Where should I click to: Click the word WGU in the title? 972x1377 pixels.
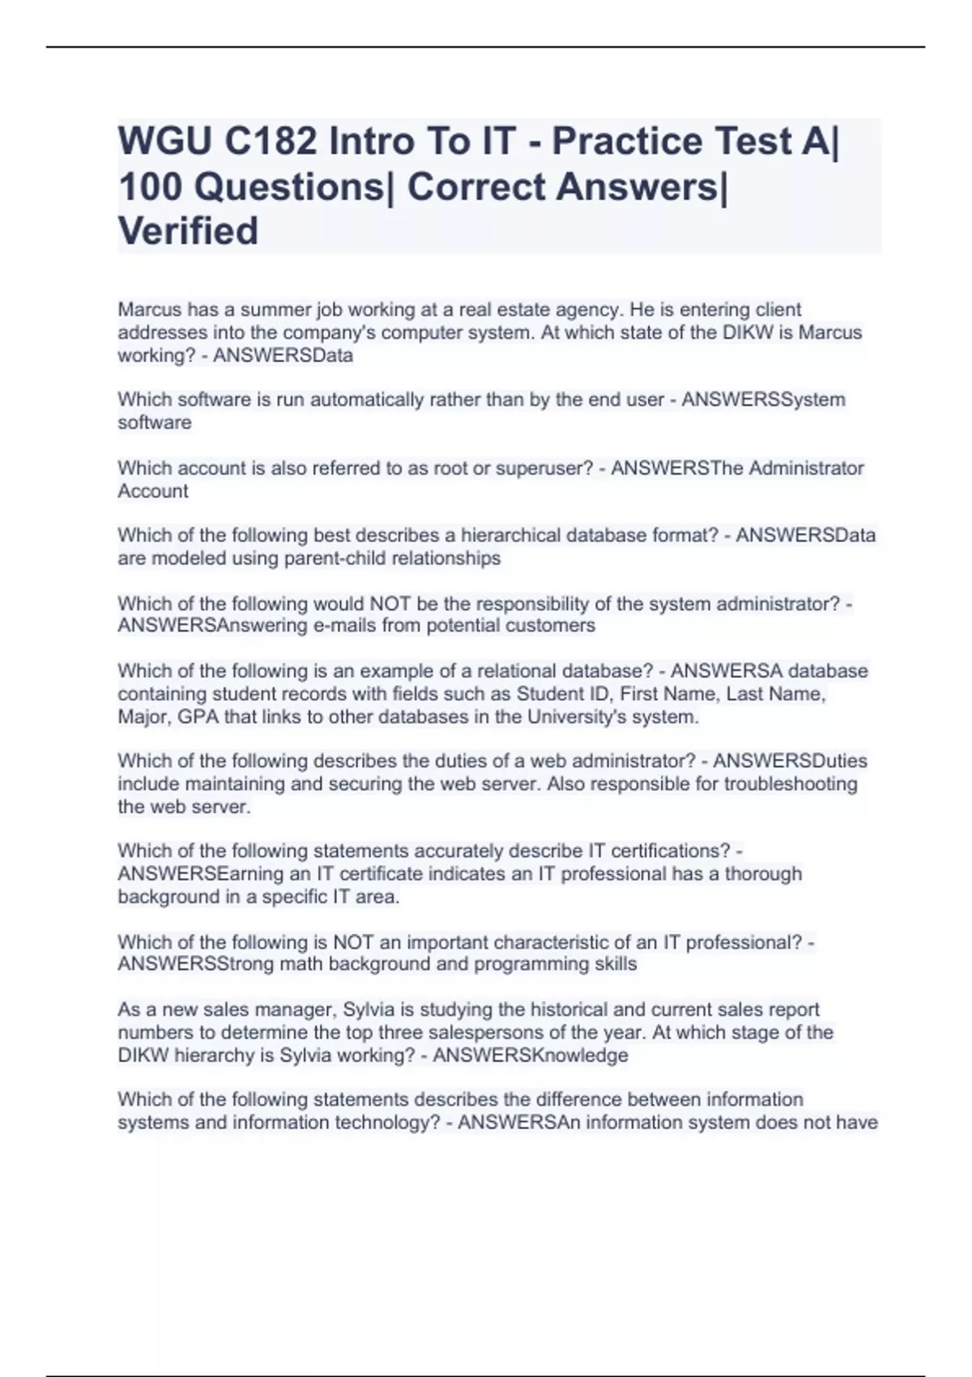pyautogui.click(x=164, y=142)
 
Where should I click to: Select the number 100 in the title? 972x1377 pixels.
pyautogui.click(x=151, y=187)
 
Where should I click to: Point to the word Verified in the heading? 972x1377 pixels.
pyautogui.click(x=188, y=232)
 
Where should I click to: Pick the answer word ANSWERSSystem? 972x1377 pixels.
pyautogui.click(x=764, y=399)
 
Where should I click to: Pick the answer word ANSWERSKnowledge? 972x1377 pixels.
pyautogui.click(x=531, y=1055)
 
